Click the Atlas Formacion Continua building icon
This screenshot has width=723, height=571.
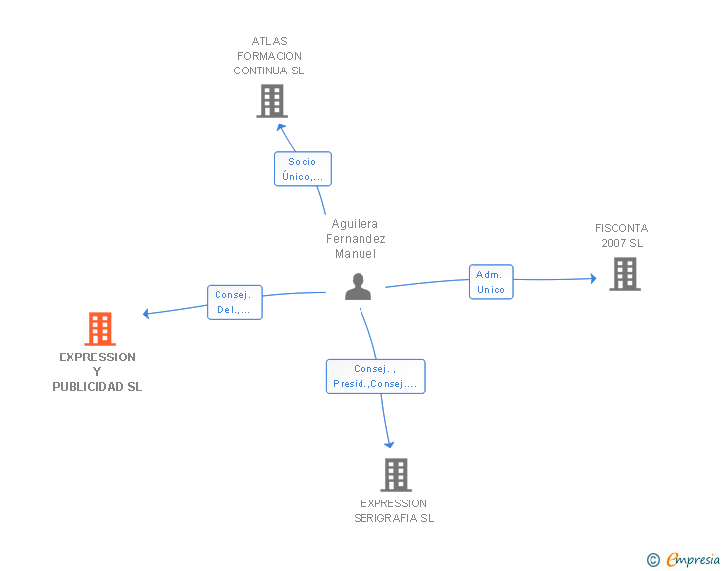pyautogui.click(x=271, y=101)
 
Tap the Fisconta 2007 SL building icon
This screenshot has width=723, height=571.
pyautogui.click(x=624, y=274)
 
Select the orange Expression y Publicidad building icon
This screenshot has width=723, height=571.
pyautogui.click(x=99, y=328)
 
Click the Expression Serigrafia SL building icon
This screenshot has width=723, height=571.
pyautogui.click(x=395, y=475)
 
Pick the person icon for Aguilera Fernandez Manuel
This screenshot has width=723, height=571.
pyautogui.click(x=358, y=287)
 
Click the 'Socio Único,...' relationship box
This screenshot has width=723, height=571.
pyautogui.click(x=302, y=169)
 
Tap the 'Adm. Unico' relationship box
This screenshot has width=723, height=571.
pyautogui.click(x=491, y=282)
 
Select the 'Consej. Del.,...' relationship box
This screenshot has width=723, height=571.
pyautogui.click(x=234, y=302)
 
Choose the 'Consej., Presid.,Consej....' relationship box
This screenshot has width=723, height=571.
pyautogui.click(x=375, y=376)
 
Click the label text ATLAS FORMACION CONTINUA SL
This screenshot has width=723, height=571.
pyautogui.click(x=269, y=56)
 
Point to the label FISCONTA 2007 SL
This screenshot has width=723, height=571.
pyautogui.click(x=622, y=236)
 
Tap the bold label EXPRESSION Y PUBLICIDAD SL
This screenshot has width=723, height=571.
pyautogui.click(x=97, y=371)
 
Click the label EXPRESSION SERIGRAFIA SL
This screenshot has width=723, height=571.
pyautogui.click(x=394, y=510)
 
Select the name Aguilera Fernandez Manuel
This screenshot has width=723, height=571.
pyautogui.click(x=356, y=239)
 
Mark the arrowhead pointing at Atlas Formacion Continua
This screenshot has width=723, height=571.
pyautogui.click(x=281, y=126)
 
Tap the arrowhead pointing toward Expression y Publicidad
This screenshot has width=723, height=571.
pyautogui.click(x=146, y=314)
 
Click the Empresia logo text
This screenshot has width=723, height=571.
pyautogui.click(x=693, y=559)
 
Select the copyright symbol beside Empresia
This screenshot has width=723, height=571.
pyautogui.click(x=652, y=560)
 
